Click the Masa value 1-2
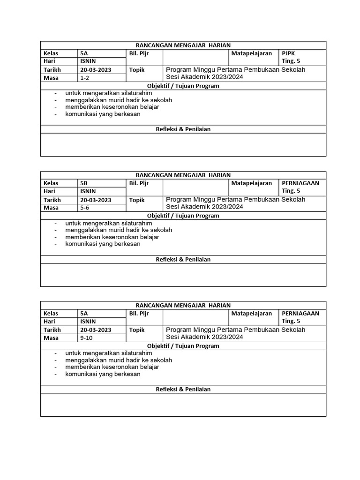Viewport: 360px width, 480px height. click(85, 78)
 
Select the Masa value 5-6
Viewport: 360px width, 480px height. click(85, 208)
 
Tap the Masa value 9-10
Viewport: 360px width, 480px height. click(87, 337)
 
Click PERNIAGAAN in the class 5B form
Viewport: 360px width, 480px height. click(300, 183)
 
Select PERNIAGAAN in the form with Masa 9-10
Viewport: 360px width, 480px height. click(300, 313)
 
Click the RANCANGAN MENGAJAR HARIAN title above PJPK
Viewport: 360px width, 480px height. click(183, 45)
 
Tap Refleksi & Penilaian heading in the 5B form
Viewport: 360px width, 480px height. click(183, 259)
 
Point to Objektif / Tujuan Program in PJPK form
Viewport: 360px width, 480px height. click(183, 86)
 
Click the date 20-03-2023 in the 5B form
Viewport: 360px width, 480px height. click(96, 200)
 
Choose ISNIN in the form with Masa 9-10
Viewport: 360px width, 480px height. click(88, 321)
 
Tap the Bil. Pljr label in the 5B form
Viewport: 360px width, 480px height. click(139, 183)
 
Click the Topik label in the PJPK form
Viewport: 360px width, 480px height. click(137, 70)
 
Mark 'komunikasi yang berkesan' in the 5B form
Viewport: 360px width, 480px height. click(103, 244)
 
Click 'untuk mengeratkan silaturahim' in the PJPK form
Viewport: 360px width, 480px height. click(109, 93)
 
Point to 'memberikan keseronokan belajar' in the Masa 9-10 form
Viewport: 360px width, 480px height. click(112, 367)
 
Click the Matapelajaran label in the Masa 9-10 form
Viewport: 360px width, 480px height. click(251, 313)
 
